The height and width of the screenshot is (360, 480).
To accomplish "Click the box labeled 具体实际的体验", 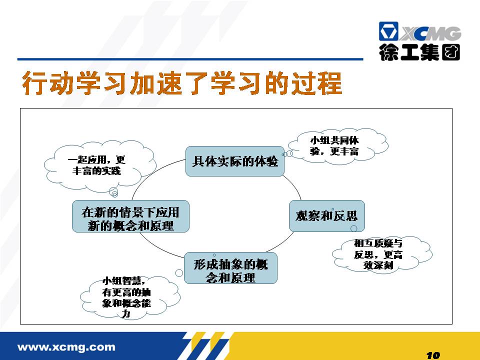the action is pos(235,161).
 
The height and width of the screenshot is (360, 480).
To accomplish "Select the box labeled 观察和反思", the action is pos(326,216).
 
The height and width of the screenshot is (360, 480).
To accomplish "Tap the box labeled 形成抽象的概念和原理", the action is pos(230,268).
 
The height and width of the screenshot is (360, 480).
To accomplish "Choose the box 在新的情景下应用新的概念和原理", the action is pos(130,216).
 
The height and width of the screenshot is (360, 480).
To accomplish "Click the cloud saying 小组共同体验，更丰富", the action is pos(338,145).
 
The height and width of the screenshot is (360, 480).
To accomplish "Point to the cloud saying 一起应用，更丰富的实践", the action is pos(100,165).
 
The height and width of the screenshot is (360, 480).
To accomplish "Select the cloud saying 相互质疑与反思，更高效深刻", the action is pos(381,254).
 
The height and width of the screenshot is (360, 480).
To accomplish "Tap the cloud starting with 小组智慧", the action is pos(130,297).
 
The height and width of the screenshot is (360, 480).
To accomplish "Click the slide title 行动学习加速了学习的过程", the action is pos(182,83).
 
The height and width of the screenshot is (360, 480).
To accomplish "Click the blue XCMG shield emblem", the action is pos(388,31).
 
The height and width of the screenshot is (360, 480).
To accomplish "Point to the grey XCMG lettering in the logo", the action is pos(430,33).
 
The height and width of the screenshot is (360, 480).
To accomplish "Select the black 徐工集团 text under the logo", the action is pos(419,52).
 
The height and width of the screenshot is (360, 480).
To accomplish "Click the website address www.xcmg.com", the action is pos(66,347).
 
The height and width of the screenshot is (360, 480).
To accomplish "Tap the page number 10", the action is pos(433,355).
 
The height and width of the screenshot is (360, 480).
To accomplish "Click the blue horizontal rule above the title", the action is pos(190,59).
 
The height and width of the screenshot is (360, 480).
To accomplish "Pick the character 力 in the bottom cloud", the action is pos(126,313).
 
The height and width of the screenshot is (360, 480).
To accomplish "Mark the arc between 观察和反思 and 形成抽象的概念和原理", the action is pos(281,243).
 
